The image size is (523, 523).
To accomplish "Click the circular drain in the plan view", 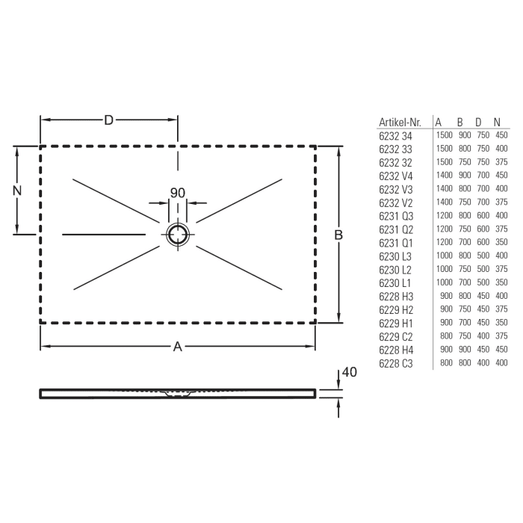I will point(178,234).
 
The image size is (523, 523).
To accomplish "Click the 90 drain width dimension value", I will point(178,193).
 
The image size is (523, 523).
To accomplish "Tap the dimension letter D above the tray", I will point(109,120).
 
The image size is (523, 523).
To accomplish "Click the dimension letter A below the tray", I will point(177,346).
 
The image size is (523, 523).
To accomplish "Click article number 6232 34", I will point(395,136).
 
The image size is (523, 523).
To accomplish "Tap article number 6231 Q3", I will point(395,216).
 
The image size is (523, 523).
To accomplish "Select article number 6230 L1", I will point(395,283).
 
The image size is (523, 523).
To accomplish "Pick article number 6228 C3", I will point(395,363).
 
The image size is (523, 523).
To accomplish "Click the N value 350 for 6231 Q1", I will point(501,243).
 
